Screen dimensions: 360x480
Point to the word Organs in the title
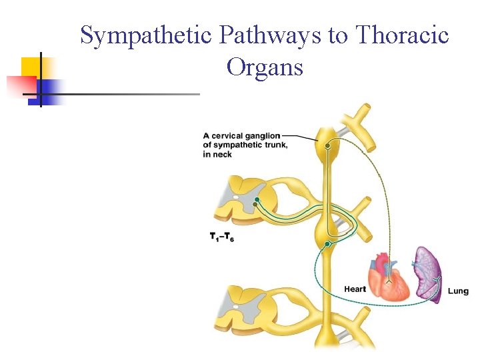[265, 67]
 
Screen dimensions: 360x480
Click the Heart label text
[355, 289]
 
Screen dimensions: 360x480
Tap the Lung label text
[458, 291]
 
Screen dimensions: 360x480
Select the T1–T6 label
[221, 236]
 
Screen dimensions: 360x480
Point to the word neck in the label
[222, 155]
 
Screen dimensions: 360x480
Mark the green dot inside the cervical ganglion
[327, 145]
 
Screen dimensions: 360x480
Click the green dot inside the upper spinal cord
[257, 199]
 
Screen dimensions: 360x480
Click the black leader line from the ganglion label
[303, 137]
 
